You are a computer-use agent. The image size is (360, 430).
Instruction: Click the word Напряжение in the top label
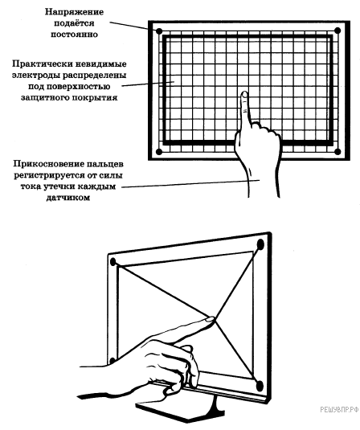coord(74,12)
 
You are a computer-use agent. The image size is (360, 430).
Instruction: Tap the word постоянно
coord(74,35)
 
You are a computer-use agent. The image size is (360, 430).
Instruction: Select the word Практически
coord(42,63)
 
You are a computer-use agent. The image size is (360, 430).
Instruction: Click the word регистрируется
coord(47,175)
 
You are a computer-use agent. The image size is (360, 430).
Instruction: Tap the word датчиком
coord(68,198)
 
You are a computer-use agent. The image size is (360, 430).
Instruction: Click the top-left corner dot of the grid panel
coord(159,31)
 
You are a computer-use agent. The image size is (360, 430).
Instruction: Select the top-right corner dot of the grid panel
coord(337,31)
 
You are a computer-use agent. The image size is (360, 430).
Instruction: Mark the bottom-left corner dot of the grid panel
coord(159,152)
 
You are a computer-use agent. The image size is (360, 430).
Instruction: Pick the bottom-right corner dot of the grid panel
coord(337,152)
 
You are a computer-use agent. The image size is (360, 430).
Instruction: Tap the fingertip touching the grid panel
coord(244,95)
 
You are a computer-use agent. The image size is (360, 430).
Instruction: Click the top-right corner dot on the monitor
coord(260,244)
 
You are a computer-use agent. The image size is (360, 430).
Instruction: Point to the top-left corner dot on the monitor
coord(112,262)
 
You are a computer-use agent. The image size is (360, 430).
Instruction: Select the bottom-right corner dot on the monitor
coord(260,387)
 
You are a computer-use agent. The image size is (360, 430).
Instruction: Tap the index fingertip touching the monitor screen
coord(211,319)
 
